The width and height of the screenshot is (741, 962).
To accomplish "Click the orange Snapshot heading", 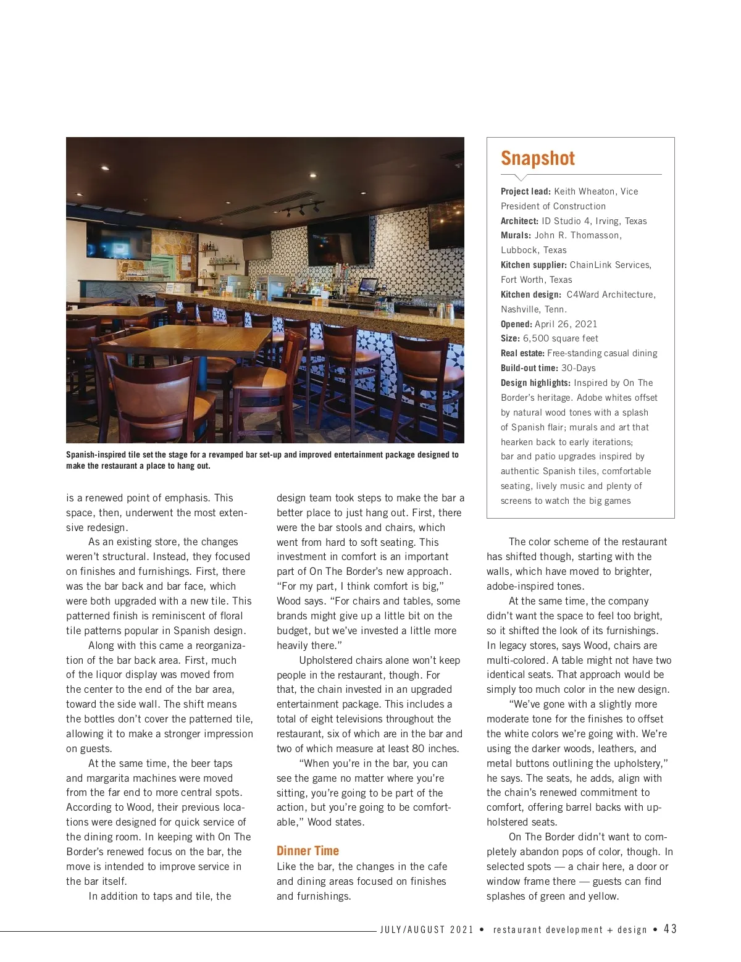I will [537, 159].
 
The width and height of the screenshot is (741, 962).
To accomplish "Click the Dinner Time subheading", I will [308, 851].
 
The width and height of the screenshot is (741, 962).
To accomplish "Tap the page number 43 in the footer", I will [670, 929].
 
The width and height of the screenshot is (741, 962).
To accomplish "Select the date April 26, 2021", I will [566, 324].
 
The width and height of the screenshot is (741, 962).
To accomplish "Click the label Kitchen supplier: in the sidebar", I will [534, 265].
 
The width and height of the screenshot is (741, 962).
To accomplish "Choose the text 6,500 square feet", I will [560, 338].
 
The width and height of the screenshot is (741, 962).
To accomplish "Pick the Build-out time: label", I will [529, 368].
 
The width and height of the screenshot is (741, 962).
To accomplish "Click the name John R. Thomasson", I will [578, 235].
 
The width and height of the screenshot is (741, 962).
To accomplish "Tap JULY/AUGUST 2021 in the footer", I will [427, 930].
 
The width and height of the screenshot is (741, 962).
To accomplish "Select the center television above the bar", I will [338, 240].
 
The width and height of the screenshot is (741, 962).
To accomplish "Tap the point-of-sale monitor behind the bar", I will [368, 285].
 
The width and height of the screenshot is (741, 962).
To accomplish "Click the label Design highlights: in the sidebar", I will [535, 383].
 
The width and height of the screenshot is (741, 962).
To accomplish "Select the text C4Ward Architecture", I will [610, 295].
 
